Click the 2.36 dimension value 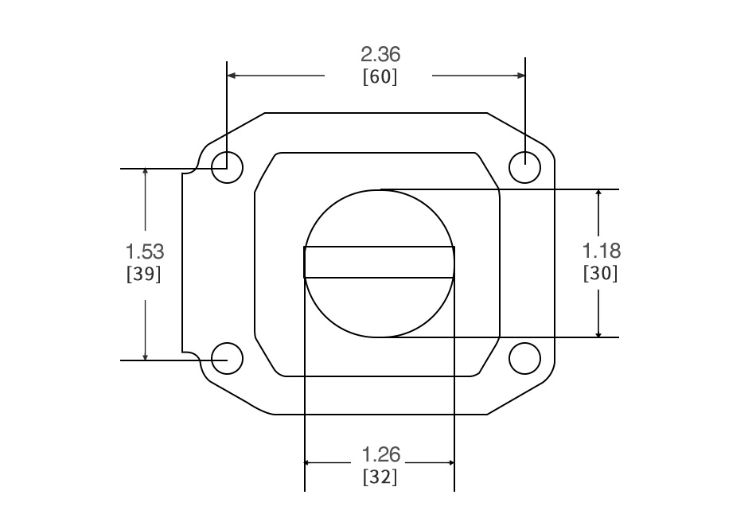point(380,54)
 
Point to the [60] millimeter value point(380,76)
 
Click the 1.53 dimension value point(145,251)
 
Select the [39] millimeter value point(144,274)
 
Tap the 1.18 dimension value point(602,251)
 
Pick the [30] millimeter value point(601,273)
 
